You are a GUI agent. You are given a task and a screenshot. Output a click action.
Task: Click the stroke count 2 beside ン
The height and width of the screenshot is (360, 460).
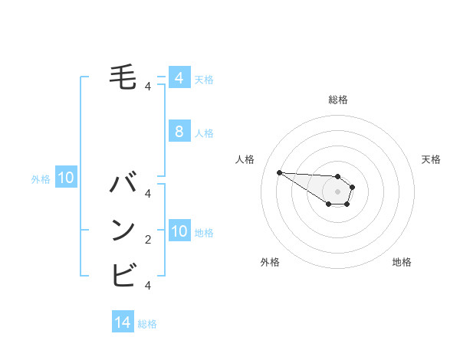click(148, 241)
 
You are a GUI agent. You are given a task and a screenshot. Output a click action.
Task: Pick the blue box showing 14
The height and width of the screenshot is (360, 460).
click(123, 322)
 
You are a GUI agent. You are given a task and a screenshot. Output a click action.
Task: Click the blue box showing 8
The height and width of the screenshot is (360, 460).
click(179, 132)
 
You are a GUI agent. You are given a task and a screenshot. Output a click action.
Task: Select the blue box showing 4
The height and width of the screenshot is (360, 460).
click(179, 77)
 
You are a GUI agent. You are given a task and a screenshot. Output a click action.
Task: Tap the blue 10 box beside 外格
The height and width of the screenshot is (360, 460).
click(66, 178)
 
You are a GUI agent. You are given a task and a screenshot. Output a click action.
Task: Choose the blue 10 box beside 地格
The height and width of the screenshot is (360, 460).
click(179, 231)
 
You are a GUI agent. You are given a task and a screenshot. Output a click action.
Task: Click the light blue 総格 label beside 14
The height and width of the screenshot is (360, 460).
click(147, 324)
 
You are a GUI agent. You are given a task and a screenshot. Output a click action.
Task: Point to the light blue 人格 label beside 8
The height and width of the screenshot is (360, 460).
click(204, 133)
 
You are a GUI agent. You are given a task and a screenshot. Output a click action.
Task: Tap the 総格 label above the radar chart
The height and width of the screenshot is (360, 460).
click(338, 100)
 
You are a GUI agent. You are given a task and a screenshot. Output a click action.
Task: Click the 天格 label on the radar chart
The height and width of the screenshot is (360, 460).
click(431, 159)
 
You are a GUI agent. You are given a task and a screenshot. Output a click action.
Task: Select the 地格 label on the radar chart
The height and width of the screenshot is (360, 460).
click(402, 262)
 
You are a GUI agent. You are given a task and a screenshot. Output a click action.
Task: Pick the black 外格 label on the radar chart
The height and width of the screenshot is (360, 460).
click(270, 262)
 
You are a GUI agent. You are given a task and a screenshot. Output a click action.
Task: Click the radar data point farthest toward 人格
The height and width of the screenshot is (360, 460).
click(279, 172)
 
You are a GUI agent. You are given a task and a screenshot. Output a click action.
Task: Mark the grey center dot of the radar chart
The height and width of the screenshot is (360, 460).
click(338, 191)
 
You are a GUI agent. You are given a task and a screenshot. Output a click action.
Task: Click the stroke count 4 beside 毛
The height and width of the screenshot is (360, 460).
click(148, 87)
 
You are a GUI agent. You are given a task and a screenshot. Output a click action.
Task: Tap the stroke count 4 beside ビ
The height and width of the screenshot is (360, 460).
click(148, 285)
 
